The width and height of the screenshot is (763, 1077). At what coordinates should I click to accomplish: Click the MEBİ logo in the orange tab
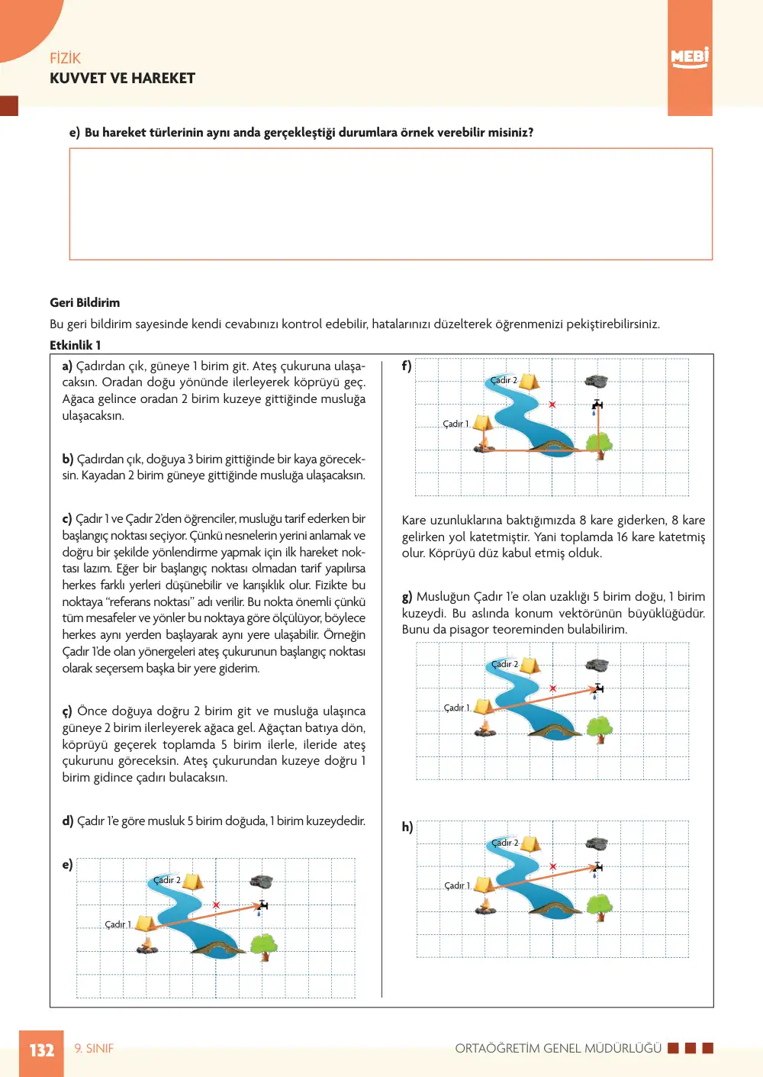[690, 57]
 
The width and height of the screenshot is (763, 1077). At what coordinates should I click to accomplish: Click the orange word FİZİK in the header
[65, 58]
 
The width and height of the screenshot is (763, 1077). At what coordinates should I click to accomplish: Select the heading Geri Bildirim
[85, 302]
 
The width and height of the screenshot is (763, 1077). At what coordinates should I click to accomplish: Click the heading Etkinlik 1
[75, 345]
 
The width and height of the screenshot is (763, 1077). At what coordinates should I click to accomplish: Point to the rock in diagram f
[596, 382]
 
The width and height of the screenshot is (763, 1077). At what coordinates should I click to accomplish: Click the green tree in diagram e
[264, 947]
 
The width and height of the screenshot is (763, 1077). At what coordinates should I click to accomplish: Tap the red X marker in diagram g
[553, 688]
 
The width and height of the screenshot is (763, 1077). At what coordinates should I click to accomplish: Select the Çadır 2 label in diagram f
[504, 380]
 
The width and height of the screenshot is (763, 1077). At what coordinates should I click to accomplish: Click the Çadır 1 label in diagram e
[118, 924]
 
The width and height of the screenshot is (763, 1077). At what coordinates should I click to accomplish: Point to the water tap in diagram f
[597, 406]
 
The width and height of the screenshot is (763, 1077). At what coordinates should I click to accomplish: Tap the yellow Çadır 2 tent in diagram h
[530, 844]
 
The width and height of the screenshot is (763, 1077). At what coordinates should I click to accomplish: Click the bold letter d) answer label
[68, 821]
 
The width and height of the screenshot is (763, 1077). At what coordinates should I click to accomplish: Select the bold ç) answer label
[67, 711]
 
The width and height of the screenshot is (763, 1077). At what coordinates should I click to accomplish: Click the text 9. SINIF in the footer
[94, 1049]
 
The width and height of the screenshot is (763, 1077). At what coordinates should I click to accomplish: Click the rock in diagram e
[262, 882]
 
